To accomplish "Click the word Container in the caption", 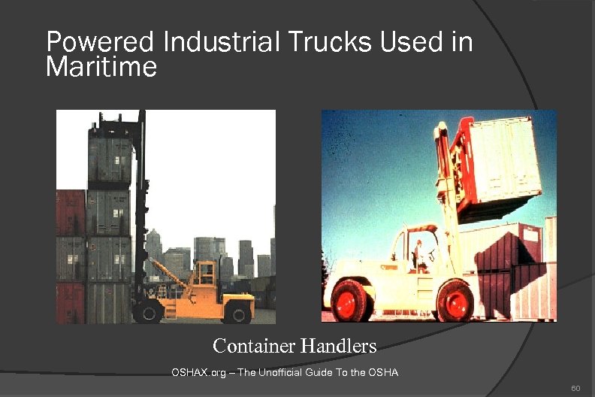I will [x=253, y=346].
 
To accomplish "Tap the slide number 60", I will [x=575, y=388].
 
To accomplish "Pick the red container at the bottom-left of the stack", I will [x=71, y=301].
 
